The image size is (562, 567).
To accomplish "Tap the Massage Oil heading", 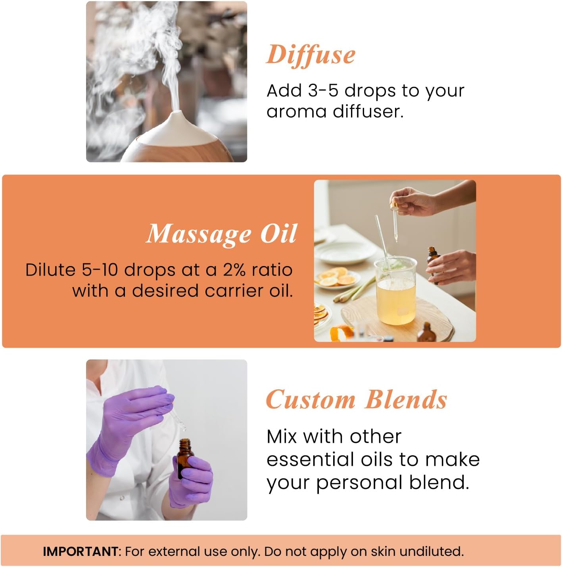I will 221,234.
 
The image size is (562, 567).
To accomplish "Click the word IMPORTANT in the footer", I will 81,552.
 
